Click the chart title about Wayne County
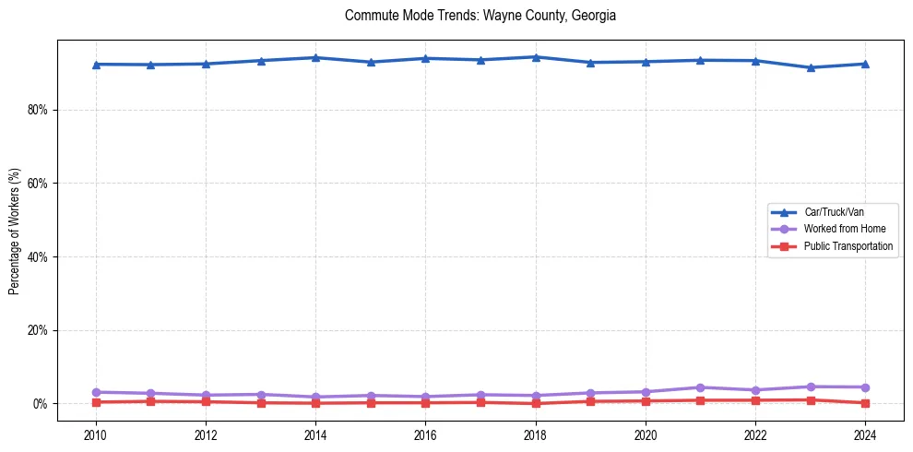(x=480, y=16)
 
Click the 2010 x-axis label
(x=96, y=434)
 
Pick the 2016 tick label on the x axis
(x=425, y=434)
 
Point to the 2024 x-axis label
(x=865, y=434)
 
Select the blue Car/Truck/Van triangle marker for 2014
(x=315, y=57)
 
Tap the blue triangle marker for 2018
(x=536, y=57)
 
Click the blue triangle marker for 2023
(x=811, y=67)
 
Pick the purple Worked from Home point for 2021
(x=701, y=387)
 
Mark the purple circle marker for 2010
(x=96, y=392)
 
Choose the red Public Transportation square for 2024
(x=865, y=403)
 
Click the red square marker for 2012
(x=206, y=401)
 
